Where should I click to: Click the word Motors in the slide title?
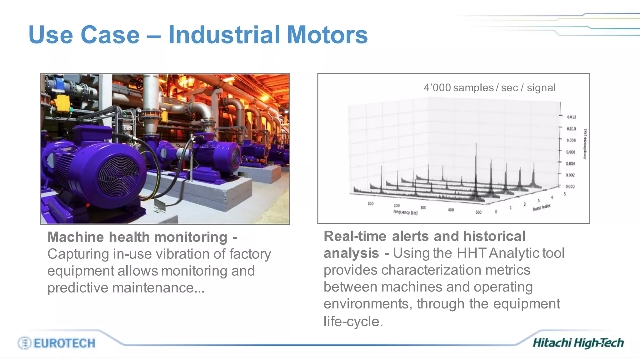pyautogui.click(x=327, y=35)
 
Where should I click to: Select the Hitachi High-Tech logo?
pyautogui.click(x=578, y=343)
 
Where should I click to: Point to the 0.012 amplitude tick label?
pyautogui.click(x=572, y=117)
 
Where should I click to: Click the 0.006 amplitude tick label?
pyautogui.click(x=571, y=152)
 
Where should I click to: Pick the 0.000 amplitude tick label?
pyautogui.click(x=570, y=187)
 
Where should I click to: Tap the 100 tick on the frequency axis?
pyautogui.click(x=370, y=204)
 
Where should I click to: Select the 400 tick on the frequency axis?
pyautogui.click(x=451, y=210)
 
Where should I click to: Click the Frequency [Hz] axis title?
pyautogui.click(x=405, y=212)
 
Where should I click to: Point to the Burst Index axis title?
pyautogui.click(x=542, y=207)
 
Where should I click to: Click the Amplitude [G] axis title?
pyautogui.click(x=585, y=144)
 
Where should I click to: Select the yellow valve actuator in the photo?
pyautogui.click(x=62, y=103)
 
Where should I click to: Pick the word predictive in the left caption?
pyautogui.click(x=78, y=287)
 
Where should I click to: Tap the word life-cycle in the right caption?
pyautogui.click(x=353, y=321)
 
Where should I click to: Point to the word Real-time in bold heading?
pyautogui.click(x=355, y=236)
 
